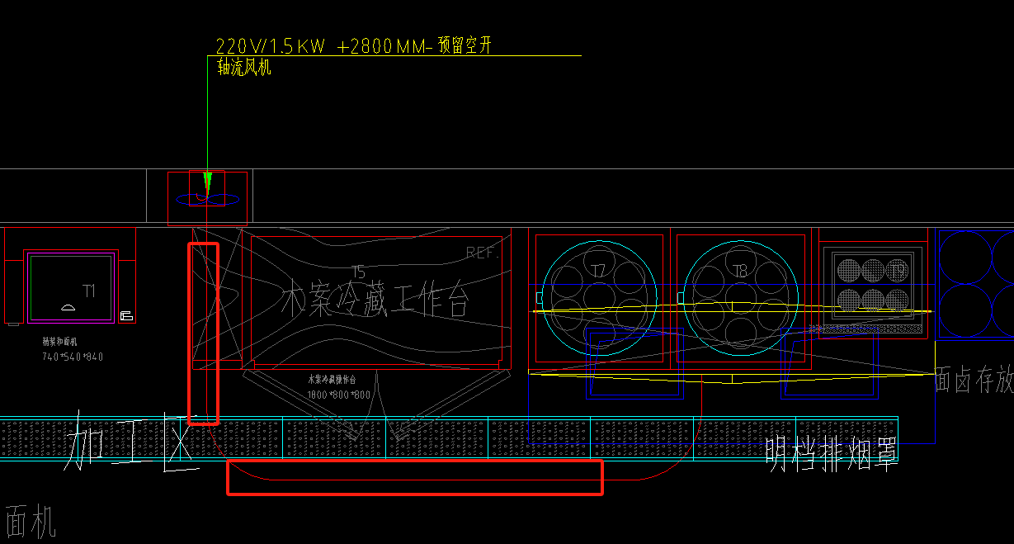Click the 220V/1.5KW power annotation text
271,46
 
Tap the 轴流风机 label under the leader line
243,68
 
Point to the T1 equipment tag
89,291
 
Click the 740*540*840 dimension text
73,357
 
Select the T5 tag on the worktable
358,272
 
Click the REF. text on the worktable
483,253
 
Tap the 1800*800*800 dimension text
338,395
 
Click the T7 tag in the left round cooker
598,269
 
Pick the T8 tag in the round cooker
739,270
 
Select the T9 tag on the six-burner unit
898,269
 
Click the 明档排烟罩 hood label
831,452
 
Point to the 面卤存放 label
974,381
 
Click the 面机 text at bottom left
30,522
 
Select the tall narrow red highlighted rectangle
203,333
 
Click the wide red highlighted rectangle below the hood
414,477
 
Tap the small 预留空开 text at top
465,45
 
